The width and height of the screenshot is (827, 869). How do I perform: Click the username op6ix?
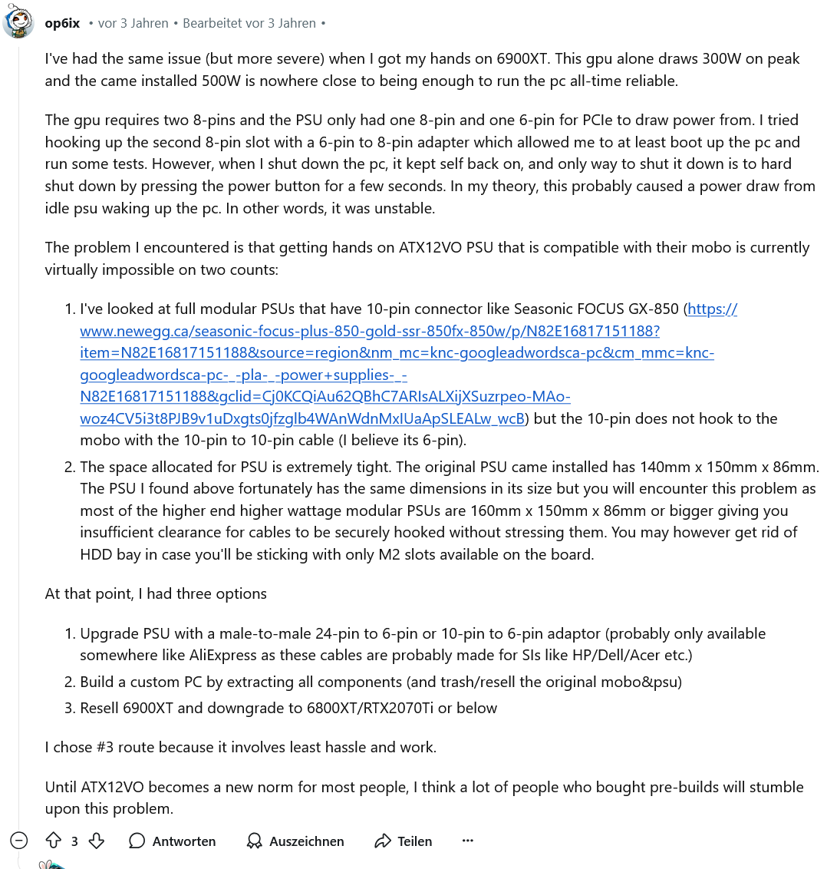[x=62, y=23]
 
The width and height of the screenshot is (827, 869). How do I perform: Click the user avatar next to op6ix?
[x=18, y=23]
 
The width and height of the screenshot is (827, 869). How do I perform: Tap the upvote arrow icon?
[x=53, y=841]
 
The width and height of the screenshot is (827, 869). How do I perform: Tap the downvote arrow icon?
[x=97, y=841]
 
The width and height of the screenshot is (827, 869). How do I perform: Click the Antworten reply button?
[x=173, y=841]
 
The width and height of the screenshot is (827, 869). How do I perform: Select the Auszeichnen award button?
[x=295, y=841]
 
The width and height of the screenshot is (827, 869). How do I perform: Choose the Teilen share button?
[x=404, y=841]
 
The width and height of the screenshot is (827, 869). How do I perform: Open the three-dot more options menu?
[x=468, y=841]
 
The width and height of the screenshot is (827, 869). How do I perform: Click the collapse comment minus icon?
[x=19, y=841]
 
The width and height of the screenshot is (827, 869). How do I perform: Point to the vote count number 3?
[x=74, y=841]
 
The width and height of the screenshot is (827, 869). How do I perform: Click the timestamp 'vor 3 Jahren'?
[x=133, y=23]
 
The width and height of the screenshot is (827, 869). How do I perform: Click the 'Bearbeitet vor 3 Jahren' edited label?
[x=249, y=23]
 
